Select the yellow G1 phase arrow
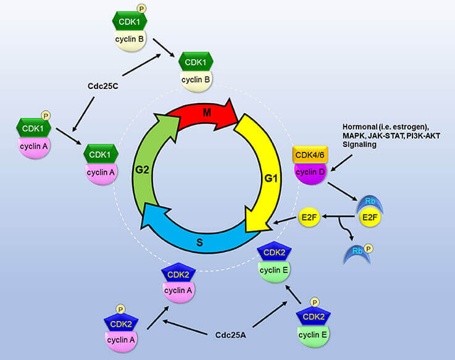262,179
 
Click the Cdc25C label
102,86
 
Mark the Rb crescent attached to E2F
369,203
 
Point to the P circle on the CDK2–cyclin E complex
314,303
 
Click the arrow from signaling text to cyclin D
343,163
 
